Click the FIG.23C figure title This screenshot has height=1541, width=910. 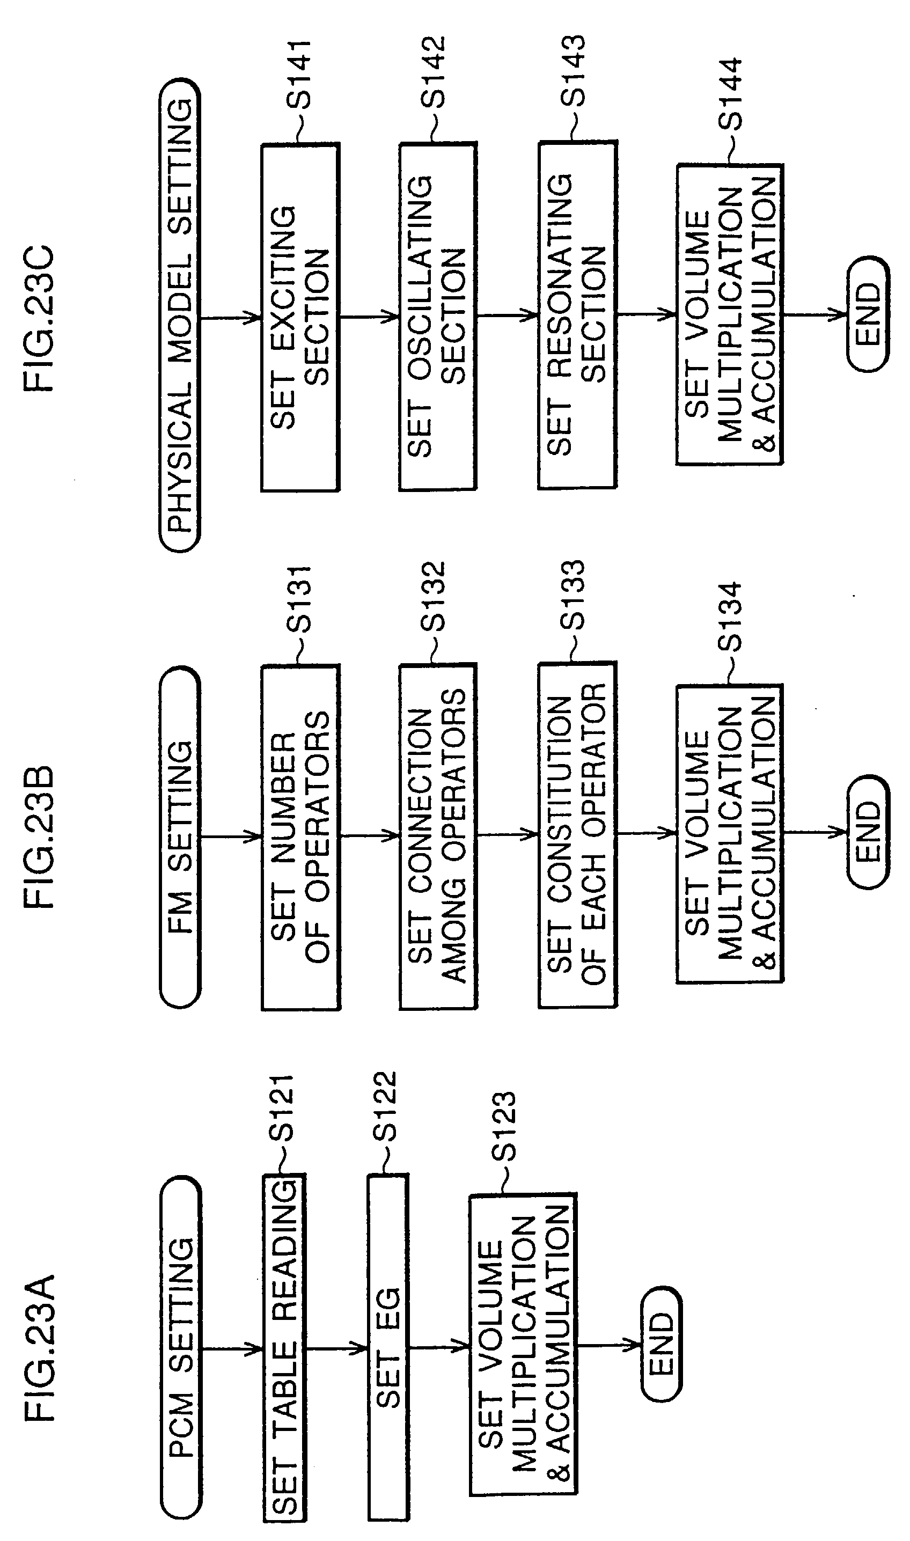39,318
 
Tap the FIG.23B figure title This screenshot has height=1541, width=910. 39,837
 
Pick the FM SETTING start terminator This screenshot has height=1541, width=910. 180,837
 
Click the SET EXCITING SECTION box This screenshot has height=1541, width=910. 300,318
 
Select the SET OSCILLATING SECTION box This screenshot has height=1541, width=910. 438,317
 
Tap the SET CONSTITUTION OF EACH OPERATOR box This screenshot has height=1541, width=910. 578,835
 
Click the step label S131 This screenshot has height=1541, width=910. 300,598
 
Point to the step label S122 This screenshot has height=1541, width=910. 386,1107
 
